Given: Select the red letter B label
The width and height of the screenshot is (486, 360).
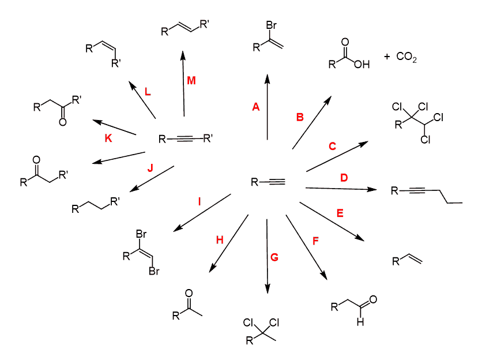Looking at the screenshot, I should [300, 118].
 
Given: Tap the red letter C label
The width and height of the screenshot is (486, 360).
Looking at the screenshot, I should [332, 147].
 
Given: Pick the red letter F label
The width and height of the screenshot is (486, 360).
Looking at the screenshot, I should [315, 241].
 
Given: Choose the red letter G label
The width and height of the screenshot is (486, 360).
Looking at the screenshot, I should [274, 257].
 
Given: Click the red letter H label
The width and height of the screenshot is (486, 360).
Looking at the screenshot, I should [219, 240].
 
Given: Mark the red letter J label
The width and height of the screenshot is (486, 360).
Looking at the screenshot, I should [150, 168].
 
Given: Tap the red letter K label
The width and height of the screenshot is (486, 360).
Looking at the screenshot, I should [108, 138].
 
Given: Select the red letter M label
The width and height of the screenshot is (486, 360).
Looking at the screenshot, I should [191, 81].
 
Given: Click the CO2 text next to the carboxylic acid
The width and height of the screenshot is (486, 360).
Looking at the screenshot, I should [406, 58].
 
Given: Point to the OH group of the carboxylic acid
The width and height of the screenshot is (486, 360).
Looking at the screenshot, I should [361, 64].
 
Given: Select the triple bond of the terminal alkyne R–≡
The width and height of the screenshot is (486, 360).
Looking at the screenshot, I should [276, 183].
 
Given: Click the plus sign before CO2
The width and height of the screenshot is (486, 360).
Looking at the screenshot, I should [386, 57].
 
